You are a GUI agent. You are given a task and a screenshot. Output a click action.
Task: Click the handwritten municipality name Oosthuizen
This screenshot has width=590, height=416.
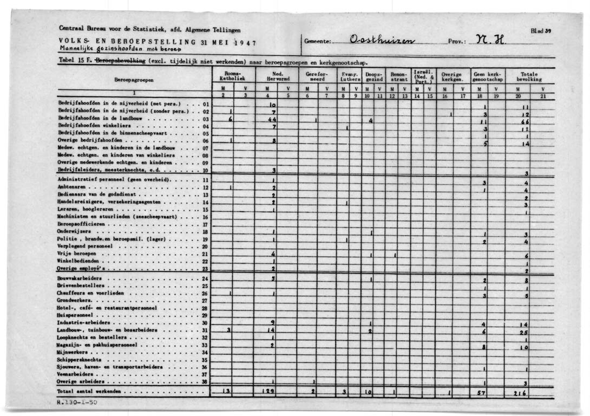[383, 41]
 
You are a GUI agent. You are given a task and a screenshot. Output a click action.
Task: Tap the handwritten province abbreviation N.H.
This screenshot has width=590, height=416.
[489, 40]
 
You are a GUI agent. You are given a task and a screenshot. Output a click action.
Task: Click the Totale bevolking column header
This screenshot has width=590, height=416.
[530, 76]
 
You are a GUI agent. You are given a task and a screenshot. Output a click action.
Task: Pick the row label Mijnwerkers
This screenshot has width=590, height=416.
[73, 352]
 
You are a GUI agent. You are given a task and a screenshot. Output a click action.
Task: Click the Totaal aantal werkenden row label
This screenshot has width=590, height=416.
[90, 391]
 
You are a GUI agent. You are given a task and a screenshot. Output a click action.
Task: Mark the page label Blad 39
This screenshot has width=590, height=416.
[541, 31]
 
